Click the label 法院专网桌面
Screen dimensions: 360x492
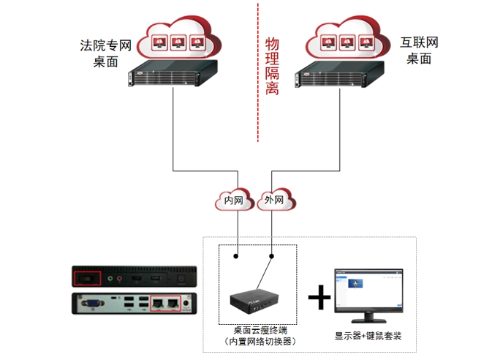(105, 53)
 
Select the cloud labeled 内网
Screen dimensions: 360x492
(234, 199)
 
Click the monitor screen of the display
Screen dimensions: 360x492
(368, 287)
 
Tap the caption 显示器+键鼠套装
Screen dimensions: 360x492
(368, 336)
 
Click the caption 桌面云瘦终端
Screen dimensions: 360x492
(257, 330)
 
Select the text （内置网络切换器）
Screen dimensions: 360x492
(257, 342)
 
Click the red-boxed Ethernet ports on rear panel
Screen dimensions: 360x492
(164, 301)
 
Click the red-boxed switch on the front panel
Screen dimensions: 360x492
(88, 278)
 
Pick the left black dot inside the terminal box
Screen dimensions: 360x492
(236, 257)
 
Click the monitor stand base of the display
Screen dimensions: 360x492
(368, 320)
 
